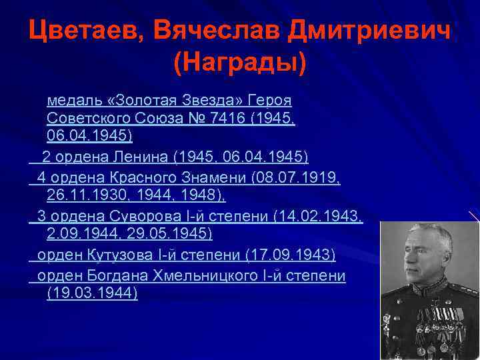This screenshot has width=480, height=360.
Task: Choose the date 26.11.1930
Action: [78, 195]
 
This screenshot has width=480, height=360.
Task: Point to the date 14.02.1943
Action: [324, 216]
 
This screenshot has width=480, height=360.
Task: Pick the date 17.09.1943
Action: [290, 255]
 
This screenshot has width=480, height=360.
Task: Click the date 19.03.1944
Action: [93, 293]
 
